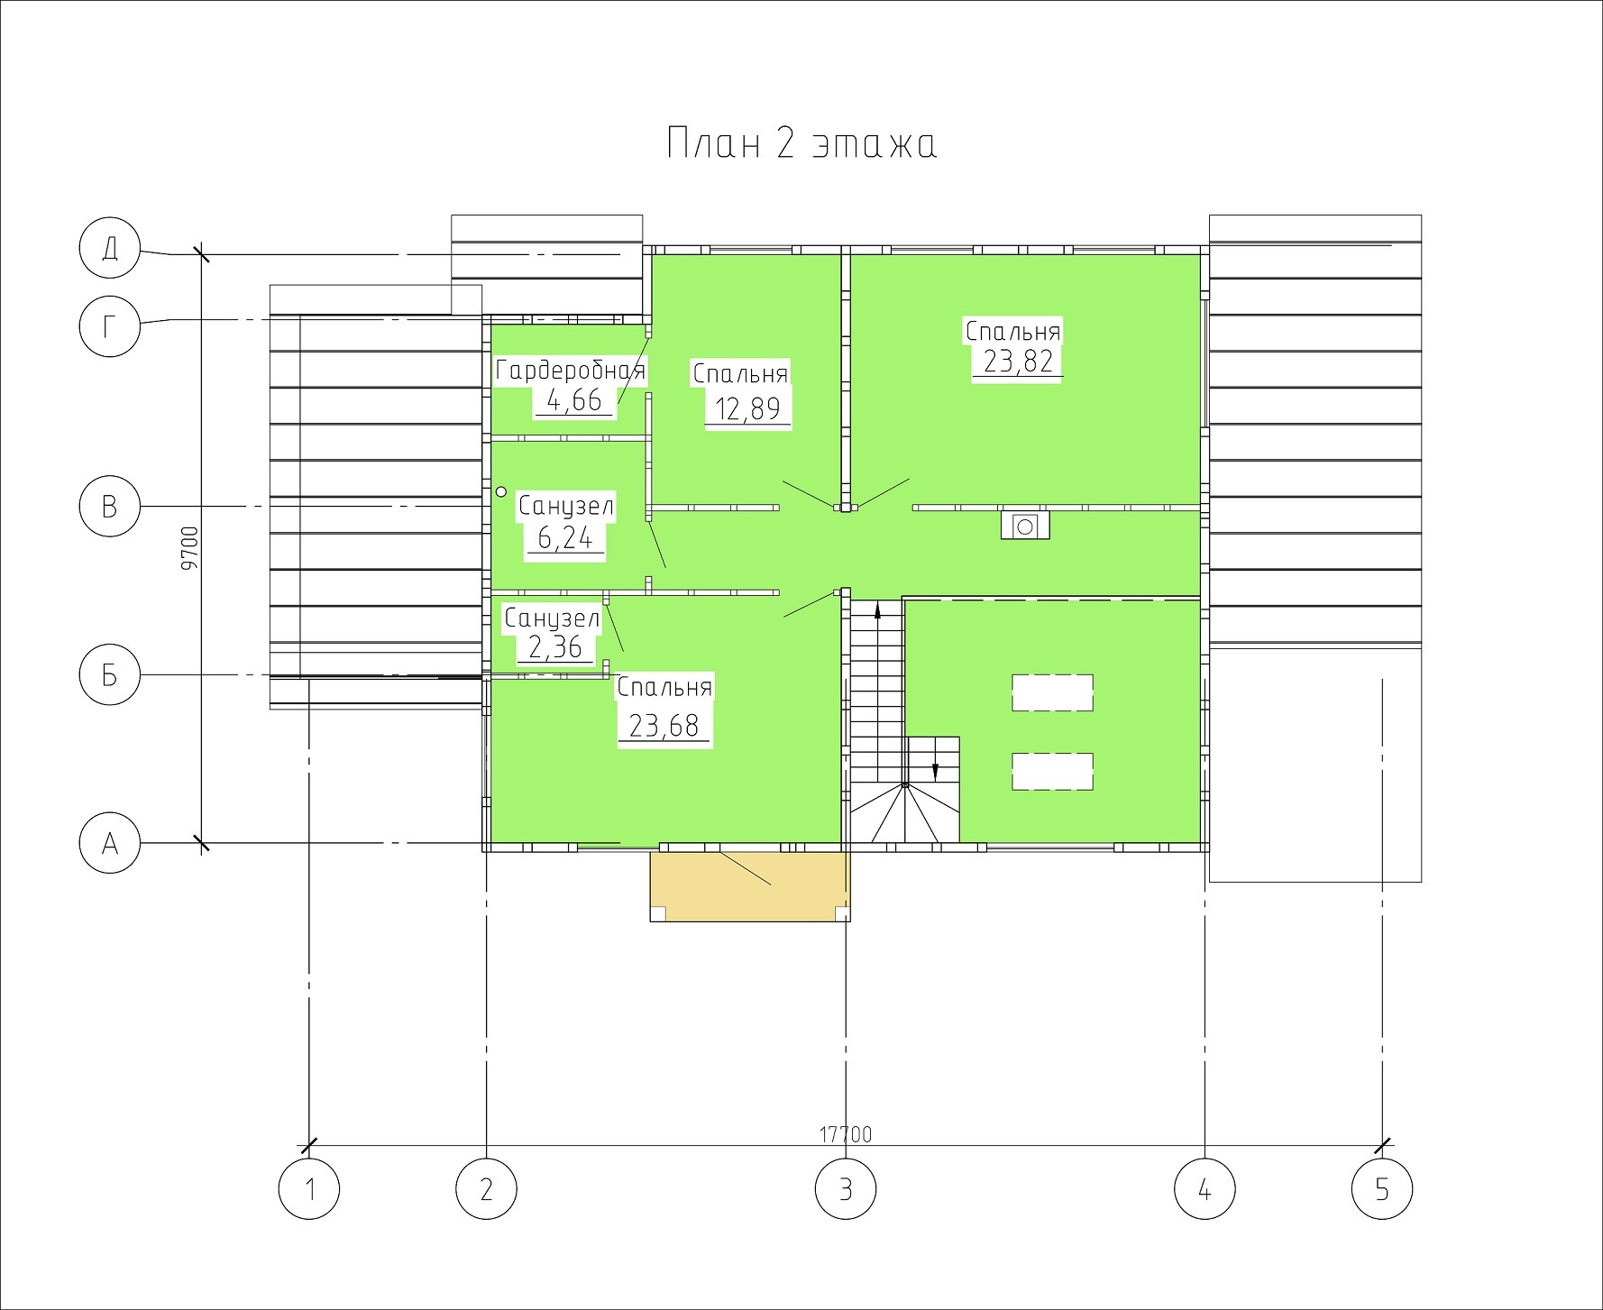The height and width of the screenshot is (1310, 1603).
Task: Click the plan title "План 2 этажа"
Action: [x=801, y=144]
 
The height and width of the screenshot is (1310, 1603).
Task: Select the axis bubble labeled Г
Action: [x=110, y=326]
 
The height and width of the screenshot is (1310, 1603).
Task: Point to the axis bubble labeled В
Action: [x=110, y=507]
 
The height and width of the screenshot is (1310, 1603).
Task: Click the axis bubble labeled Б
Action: [x=110, y=675]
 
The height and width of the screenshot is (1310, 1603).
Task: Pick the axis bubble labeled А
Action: [x=110, y=844]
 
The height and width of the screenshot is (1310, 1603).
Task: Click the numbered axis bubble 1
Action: [x=309, y=1189]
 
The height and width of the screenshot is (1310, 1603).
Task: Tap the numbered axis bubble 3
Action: [x=846, y=1189]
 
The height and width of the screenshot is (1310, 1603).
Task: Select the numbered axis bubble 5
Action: [x=1382, y=1189]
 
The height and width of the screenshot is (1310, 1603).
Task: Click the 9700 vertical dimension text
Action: [x=188, y=549]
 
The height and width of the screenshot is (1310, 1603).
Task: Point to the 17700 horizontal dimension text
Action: [x=846, y=1134]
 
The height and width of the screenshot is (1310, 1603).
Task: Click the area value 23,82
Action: [x=1018, y=362]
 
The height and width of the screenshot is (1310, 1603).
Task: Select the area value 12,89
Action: [x=747, y=409]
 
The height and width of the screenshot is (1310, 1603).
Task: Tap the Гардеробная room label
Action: [x=571, y=371]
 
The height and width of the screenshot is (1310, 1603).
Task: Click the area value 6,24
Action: [x=565, y=538]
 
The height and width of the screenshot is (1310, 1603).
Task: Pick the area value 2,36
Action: [x=555, y=647]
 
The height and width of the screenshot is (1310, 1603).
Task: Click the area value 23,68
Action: [x=664, y=726]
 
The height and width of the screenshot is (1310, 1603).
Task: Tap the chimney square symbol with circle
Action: [x=1025, y=525]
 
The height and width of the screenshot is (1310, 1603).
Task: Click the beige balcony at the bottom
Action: [x=750, y=885]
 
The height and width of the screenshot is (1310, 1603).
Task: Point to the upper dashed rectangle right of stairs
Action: [x=1053, y=692]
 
